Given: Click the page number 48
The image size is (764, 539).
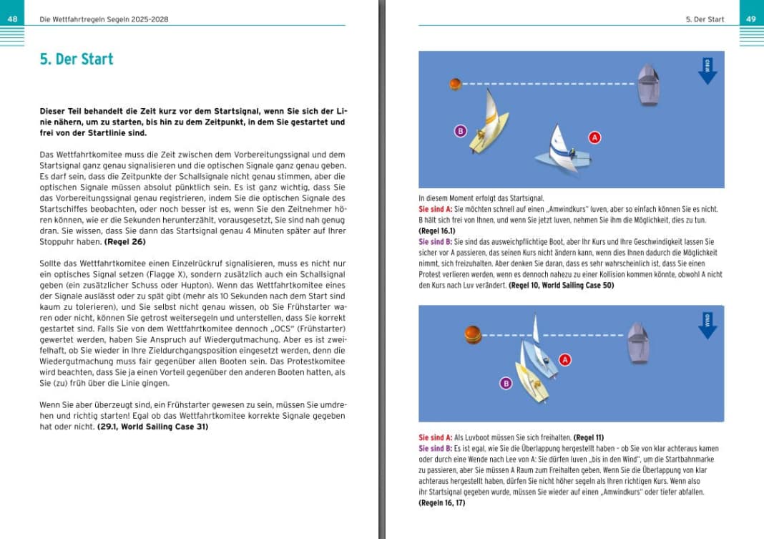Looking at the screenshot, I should click(12, 19).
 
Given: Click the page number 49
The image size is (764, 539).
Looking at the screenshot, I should click(751, 19).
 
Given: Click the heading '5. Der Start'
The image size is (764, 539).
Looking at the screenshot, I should click(77, 59).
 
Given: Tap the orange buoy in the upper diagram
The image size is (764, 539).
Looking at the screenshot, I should click(455, 84).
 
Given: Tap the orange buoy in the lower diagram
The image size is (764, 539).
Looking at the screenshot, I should click(471, 334).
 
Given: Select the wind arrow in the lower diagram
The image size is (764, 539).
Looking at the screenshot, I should click(707, 324).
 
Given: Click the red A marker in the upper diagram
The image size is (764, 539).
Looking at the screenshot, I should click(594, 137).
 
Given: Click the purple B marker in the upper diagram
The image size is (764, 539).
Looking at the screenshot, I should click(461, 131).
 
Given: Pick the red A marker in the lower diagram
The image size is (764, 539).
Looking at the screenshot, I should click(565, 359).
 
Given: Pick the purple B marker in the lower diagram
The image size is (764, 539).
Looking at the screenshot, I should click(506, 384).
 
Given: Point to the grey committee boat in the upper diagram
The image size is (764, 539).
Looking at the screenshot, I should click(648, 84).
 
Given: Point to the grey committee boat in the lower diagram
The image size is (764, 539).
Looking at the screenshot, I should click(637, 339).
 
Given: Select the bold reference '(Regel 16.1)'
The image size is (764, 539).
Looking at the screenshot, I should click(436, 232).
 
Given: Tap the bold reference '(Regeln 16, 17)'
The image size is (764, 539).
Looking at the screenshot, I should click(442, 503).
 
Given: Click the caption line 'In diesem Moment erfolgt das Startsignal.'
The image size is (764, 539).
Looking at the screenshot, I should click(481, 198).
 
